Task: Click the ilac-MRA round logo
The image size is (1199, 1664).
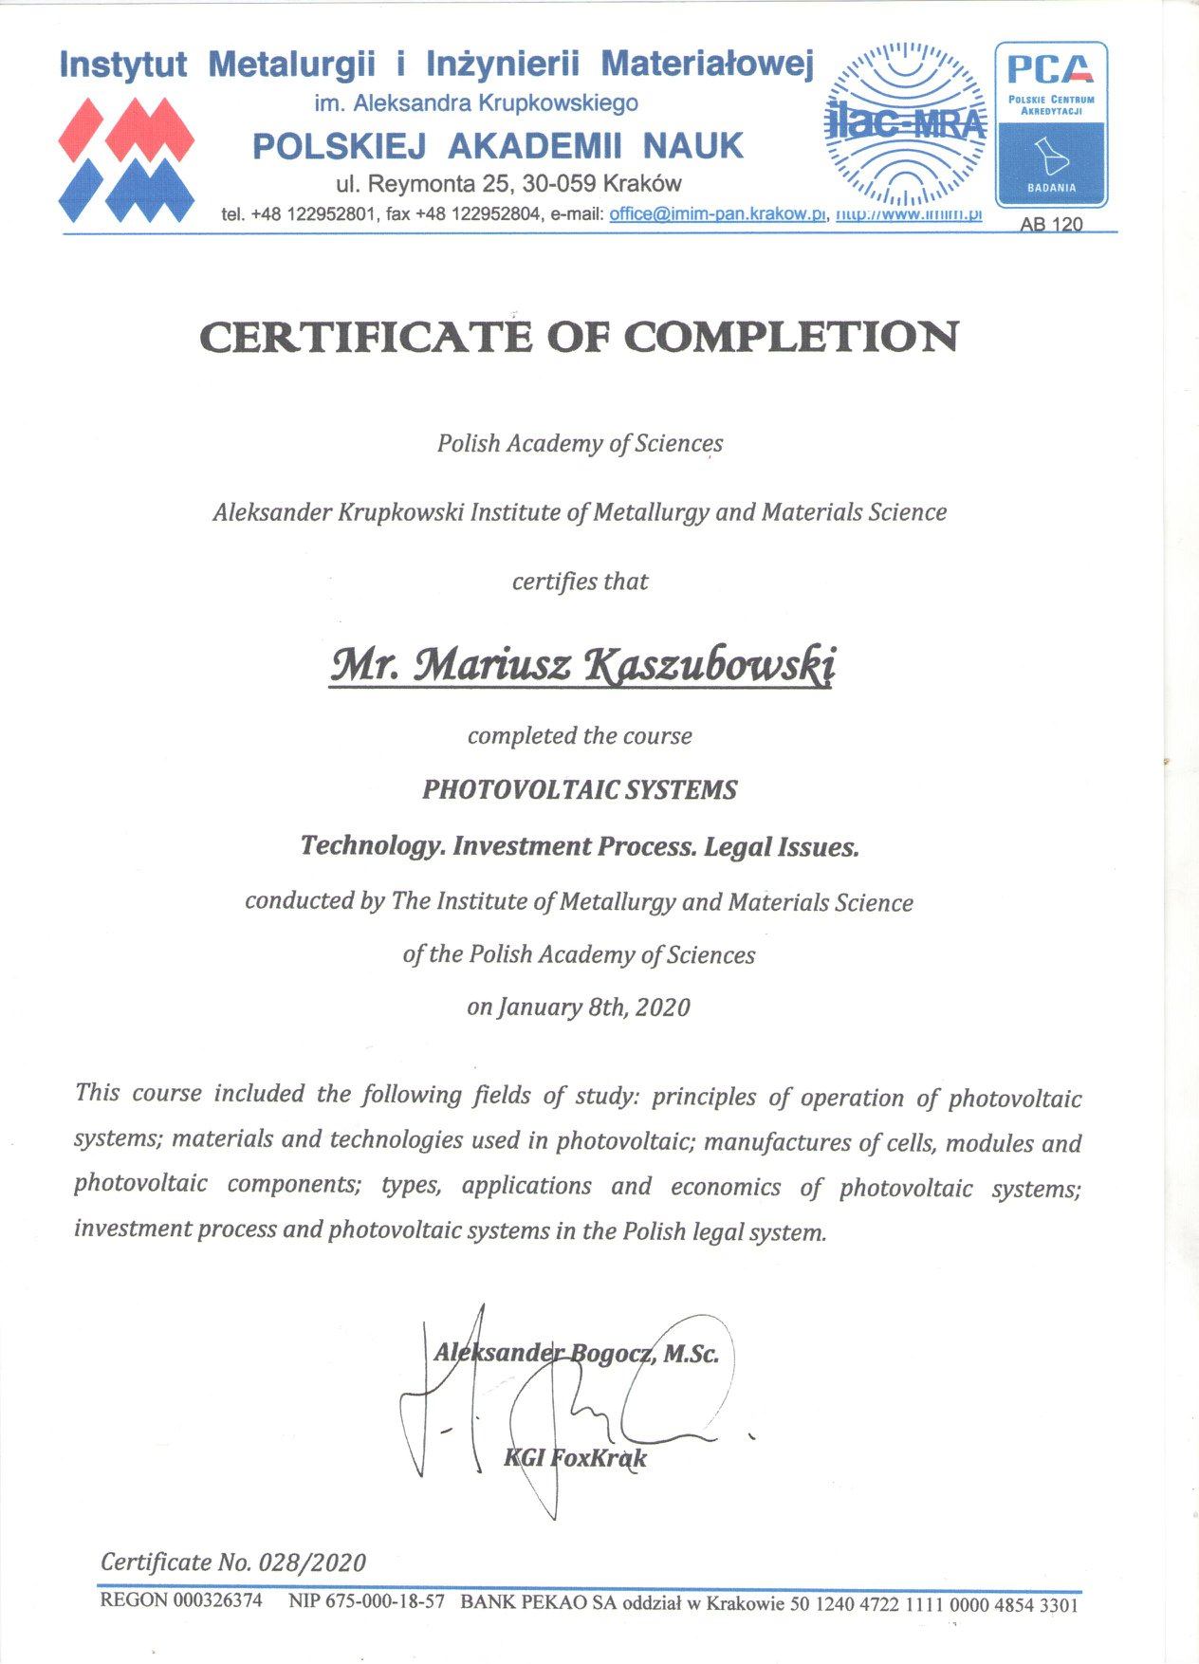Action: coord(905,123)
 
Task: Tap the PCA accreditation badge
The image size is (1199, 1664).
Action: coord(1051,124)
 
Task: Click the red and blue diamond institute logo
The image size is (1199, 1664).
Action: coord(126,159)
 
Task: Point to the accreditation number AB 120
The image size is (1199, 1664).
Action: coord(1051,225)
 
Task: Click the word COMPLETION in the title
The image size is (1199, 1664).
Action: coord(791,338)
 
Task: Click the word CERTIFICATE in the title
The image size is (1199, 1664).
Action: coord(366,338)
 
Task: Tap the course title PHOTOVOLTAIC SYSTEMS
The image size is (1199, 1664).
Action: coord(580,789)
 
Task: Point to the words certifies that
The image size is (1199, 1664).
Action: coord(580,581)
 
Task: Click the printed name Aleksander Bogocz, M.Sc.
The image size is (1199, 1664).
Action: coord(576,1353)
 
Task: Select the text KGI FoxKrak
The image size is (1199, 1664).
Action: coord(575,1457)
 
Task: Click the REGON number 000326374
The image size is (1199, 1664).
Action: coord(217,1600)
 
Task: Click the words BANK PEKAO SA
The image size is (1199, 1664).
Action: coord(538,1602)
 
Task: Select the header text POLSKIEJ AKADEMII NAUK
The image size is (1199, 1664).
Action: coord(498,146)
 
